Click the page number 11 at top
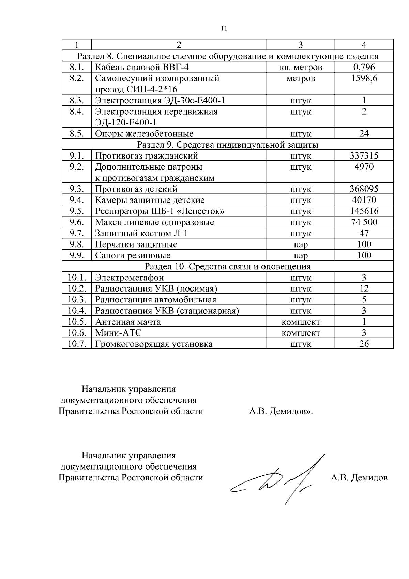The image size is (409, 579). click(x=224, y=29)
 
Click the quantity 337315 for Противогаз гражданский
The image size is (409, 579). click(x=364, y=156)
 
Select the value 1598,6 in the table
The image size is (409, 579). click(x=364, y=79)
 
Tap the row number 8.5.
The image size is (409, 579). click(x=76, y=134)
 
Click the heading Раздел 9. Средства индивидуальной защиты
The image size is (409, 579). click(x=228, y=145)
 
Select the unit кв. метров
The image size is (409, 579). click(x=301, y=68)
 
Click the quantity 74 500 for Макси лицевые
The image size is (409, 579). click(x=364, y=222)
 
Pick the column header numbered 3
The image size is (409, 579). click(x=301, y=45)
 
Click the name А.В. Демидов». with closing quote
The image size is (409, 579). click(x=281, y=412)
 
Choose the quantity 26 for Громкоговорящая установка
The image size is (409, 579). click(x=364, y=344)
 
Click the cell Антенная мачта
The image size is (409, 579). click(x=128, y=322)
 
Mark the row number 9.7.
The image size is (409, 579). click(x=76, y=234)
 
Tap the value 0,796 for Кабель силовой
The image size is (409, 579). click(x=364, y=67)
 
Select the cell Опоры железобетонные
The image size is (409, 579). click(x=144, y=134)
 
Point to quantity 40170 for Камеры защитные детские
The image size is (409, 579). click(x=364, y=200)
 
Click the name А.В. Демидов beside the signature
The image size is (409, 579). click(x=359, y=478)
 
